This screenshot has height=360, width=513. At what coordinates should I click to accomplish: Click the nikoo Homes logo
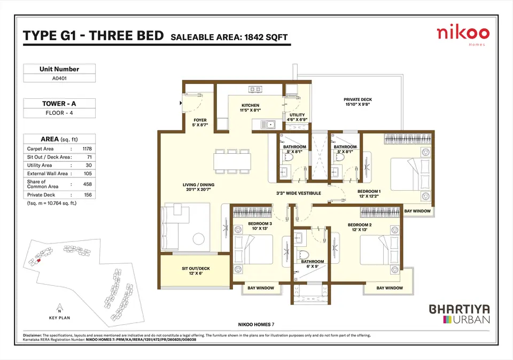click(463, 36)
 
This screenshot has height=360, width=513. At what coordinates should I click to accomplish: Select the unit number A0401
click(59, 78)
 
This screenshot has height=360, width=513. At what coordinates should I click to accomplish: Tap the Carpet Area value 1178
click(87, 149)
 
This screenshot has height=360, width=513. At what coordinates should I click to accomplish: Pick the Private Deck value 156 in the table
click(88, 195)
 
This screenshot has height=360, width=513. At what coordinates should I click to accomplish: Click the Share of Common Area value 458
click(87, 184)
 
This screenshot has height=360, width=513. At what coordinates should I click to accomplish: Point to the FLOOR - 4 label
click(59, 113)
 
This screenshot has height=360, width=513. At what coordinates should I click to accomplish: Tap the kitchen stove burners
click(255, 89)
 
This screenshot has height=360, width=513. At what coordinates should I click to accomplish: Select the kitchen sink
click(268, 124)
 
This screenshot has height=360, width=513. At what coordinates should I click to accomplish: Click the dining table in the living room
click(232, 161)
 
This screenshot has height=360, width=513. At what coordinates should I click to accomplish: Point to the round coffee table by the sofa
click(199, 239)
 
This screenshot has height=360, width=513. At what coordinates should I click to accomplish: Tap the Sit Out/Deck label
click(196, 271)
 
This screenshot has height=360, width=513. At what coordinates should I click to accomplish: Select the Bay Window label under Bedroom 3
click(261, 288)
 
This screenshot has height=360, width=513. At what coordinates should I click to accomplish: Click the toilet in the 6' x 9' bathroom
click(304, 255)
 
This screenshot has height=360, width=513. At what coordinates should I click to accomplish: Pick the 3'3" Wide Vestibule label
click(299, 193)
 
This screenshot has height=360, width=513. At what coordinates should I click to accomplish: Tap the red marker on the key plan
click(38, 260)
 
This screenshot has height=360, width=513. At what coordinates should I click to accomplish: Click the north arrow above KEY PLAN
click(59, 308)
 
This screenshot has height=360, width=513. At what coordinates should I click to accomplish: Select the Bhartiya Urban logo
click(460, 314)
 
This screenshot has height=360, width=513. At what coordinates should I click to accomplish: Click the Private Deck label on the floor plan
click(357, 101)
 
